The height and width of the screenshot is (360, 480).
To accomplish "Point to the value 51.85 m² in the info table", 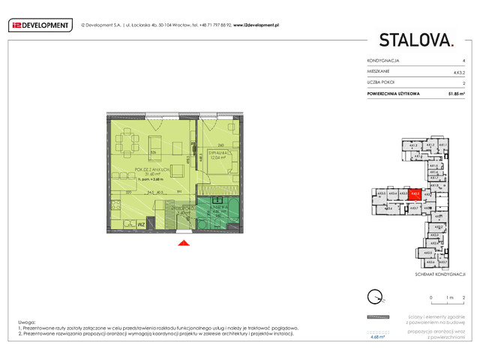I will point(455,93).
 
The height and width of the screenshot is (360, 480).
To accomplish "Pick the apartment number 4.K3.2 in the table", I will point(457,70).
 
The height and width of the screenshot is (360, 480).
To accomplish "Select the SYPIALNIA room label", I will point(217,153).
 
